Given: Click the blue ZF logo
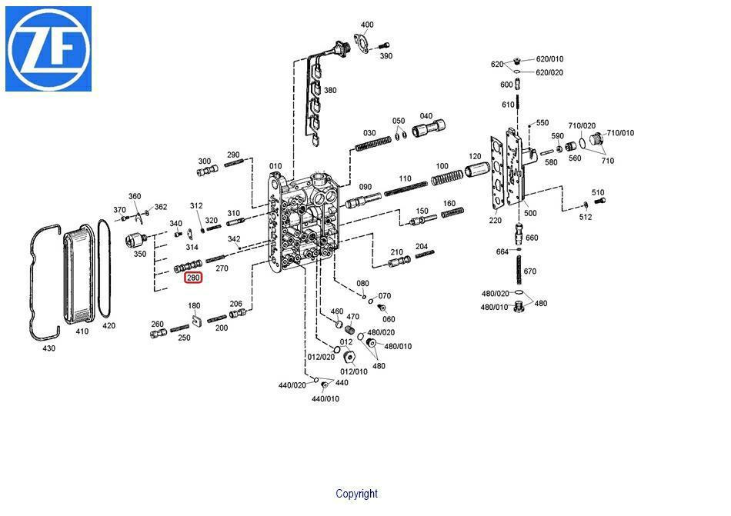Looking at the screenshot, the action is click(48, 49).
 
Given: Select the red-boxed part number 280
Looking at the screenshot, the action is click(193, 278).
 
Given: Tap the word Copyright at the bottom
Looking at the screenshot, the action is click(356, 494).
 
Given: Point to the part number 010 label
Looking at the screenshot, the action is click(275, 166).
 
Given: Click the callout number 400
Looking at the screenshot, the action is click(367, 25).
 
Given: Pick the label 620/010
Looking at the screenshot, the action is click(549, 58).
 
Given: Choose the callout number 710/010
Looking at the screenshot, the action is click(620, 133).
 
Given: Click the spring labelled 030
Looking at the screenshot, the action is click(373, 144).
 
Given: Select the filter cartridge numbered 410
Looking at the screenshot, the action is click(79, 274).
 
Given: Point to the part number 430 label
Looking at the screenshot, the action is click(49, 348).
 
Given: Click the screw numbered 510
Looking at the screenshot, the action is click(600, 201).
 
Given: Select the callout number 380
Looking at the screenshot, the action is click(330, 90).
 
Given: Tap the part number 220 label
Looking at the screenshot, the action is click(495, 220).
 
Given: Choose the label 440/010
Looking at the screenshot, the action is click(325, 398).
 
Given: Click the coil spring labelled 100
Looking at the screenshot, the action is click(447, 178).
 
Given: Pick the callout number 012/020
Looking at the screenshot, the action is click(321, 357).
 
